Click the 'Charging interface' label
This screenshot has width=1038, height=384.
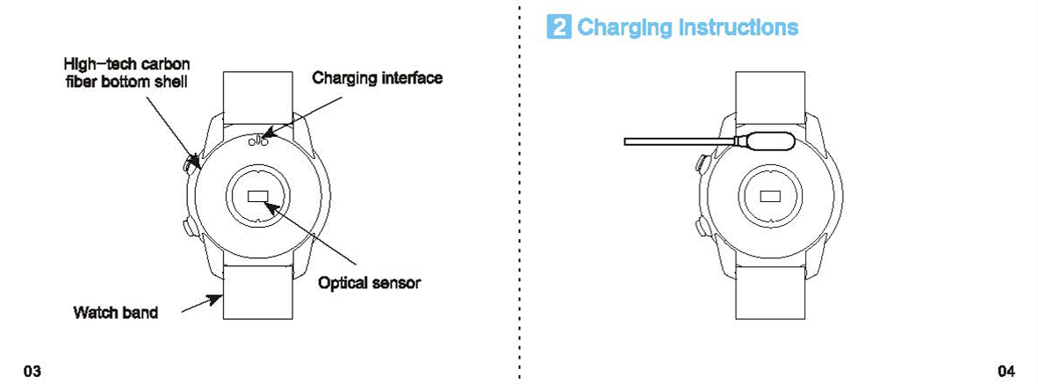(x=378, y=78)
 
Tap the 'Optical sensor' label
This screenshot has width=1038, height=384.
(x=369, y=283)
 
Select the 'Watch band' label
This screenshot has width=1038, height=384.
(x=116, y=312)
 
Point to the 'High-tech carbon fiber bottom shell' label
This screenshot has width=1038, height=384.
(x=126, y=73)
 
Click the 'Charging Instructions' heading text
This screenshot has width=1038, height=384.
(x=688, y=27)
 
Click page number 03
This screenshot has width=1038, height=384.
(x=32, y=370)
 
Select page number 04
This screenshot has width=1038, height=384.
(x=1006, y=370)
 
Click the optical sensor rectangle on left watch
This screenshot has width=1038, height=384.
(x=258, y=196)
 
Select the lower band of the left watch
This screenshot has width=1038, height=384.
(x=257, y=292)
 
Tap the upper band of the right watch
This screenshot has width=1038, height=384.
(x=770, y=92)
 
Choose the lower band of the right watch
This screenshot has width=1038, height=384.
(x=770, y=292)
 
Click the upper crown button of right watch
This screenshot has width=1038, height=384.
(x=702, y=163)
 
